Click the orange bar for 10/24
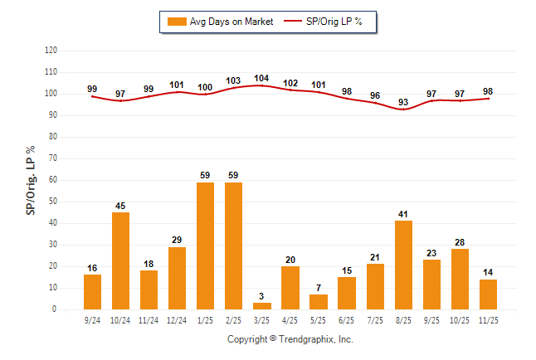tap(120, 260)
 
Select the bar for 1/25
tap(205, 246)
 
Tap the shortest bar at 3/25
tap(261, 306)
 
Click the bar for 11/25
tap(488, 294)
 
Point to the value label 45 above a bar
tap(120, 206)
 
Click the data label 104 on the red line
tap(261, 79)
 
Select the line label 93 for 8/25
tap(403, 102)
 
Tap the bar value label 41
tap(403, 214)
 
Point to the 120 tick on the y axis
tap(51, 51)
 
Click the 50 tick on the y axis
tap(53, 202)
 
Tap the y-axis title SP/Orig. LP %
tap(31, 179)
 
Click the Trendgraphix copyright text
tap(290, 339)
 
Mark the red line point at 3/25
tap(261, 85)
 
